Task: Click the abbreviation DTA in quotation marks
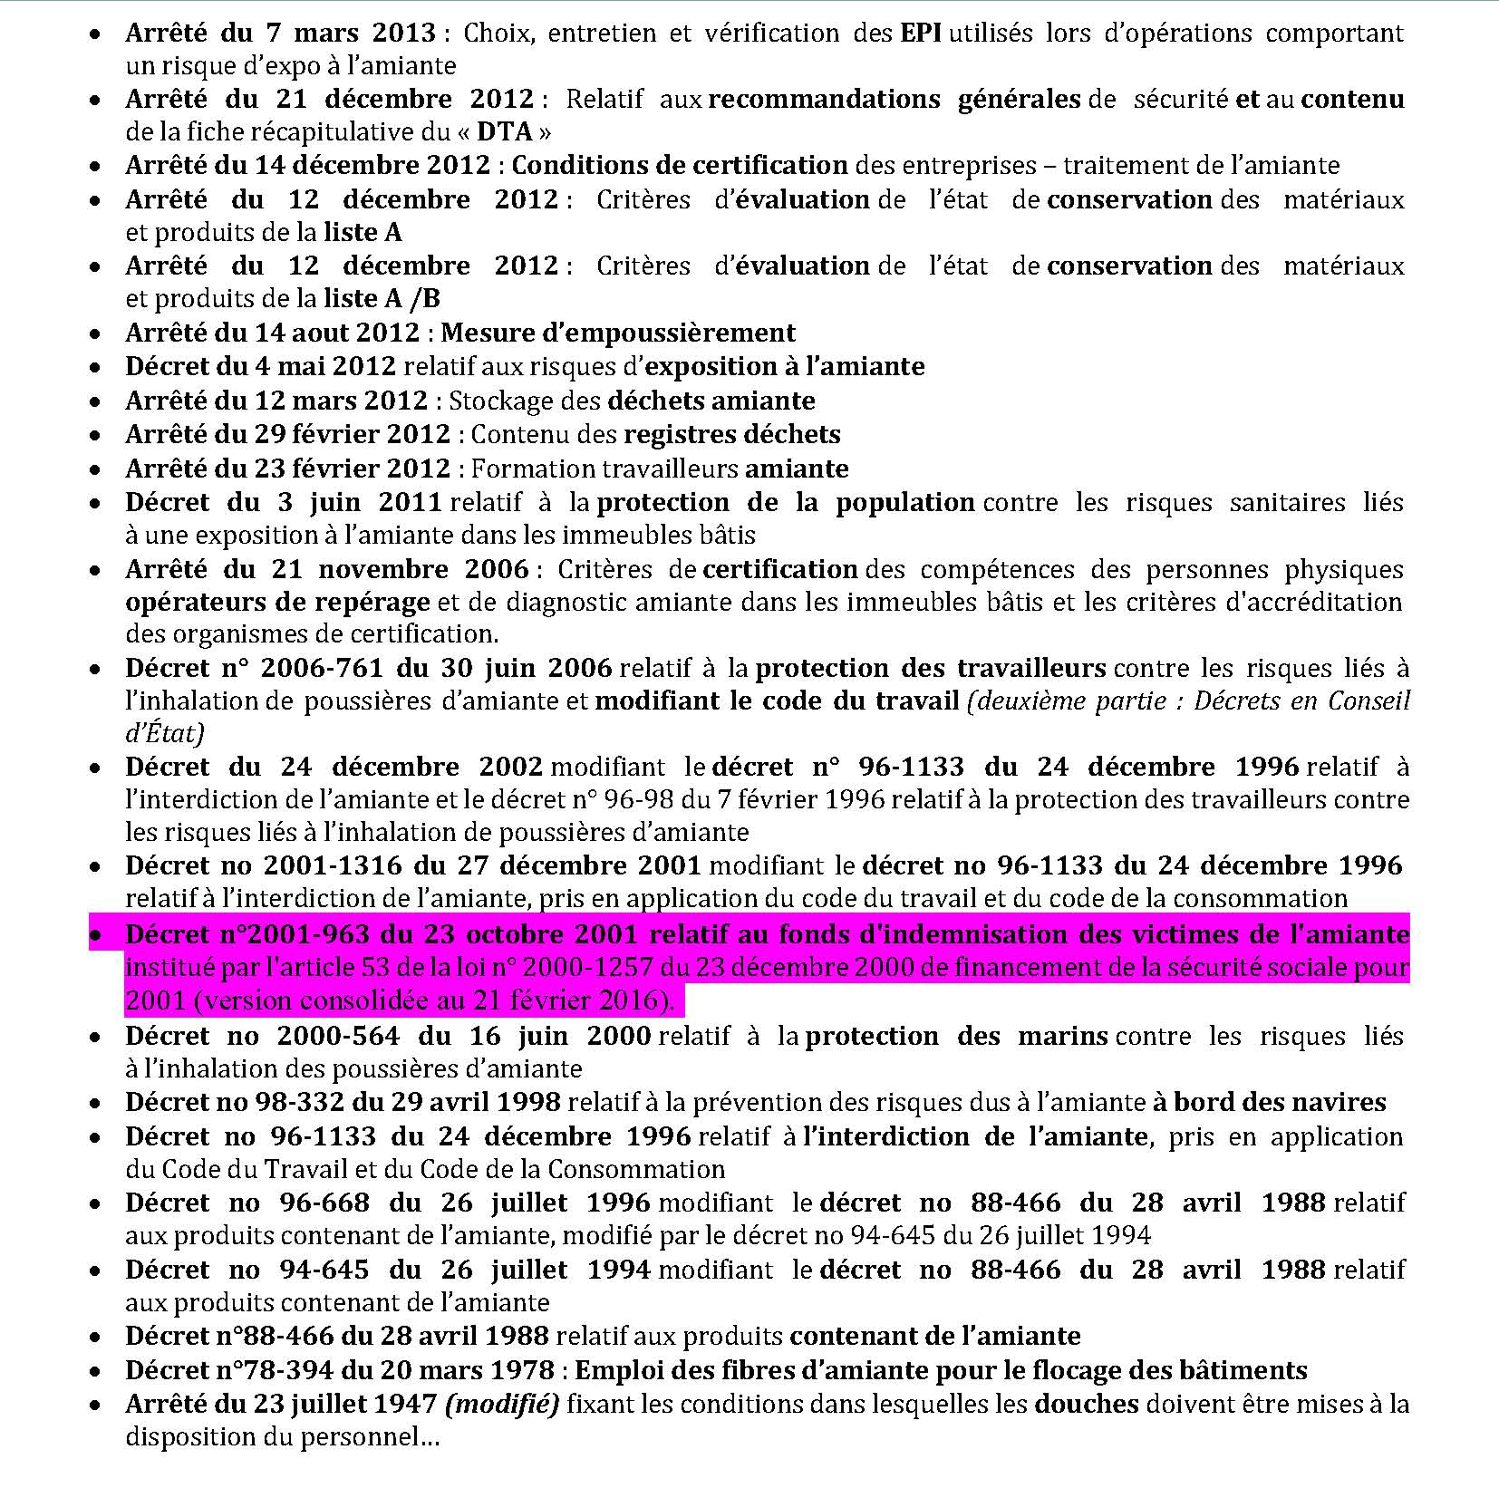[x=505, y=132]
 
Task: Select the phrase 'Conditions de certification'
[x=680, y=166]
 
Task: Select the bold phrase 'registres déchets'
[x=732, y=435]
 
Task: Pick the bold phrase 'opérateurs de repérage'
[x=277, y=603]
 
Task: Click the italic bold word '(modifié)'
[x=501, y=1405]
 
